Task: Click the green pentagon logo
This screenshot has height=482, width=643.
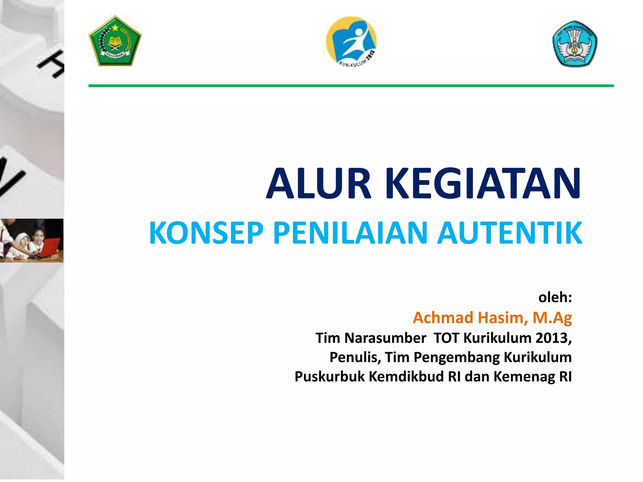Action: point(115,41)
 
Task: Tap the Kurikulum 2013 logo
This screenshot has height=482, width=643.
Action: point(351,41)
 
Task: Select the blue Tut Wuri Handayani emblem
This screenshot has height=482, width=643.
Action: point(575,44)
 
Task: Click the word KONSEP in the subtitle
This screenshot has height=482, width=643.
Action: point(206,233)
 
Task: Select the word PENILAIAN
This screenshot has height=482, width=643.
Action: point(350,233)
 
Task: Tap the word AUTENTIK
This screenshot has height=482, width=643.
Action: point(510,233)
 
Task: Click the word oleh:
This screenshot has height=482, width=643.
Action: point(555,297)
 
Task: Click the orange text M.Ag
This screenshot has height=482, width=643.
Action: point(552,318)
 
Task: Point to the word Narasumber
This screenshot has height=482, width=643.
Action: point(385,338)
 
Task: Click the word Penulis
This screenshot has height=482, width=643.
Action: point(355,357)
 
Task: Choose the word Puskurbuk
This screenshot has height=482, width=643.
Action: point(330,377)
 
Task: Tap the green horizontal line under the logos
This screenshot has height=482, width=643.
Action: point(351,86)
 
